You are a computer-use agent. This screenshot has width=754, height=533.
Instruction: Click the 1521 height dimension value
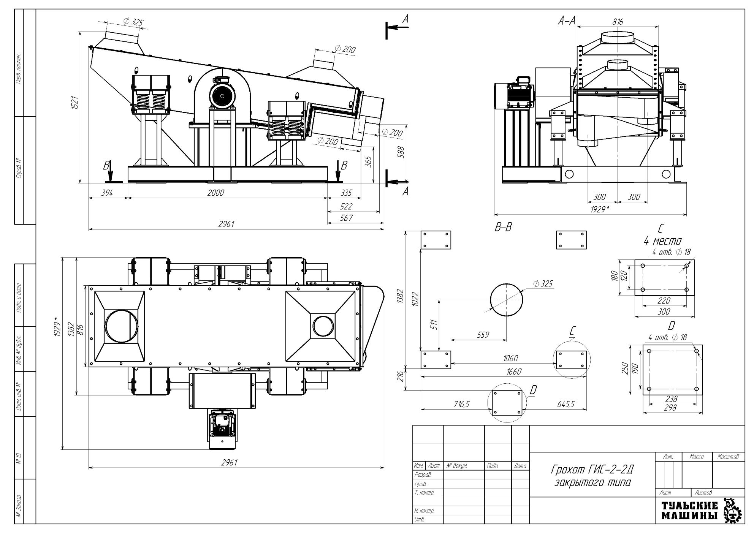pyautogui.click(x=75, y=103)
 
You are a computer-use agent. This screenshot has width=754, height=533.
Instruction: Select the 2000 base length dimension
pyautogui.click(x=215, y=193)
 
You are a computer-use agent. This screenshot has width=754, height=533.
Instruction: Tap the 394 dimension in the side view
pyautogui.click(x=107, y=193)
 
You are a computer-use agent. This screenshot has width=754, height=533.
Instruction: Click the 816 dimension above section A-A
pyautogui.click(x=618, y=22)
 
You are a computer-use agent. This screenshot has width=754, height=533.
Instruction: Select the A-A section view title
pyautogui.click(x=566, y=21)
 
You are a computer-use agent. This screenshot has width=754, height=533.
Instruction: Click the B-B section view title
pyautogui.click(x=503, y=227)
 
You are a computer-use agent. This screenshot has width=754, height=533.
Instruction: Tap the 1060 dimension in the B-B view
pyautogui.click(x=510, y=358)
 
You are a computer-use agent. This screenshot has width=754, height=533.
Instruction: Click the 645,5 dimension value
pyautogui.click(x=565, y=405)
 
